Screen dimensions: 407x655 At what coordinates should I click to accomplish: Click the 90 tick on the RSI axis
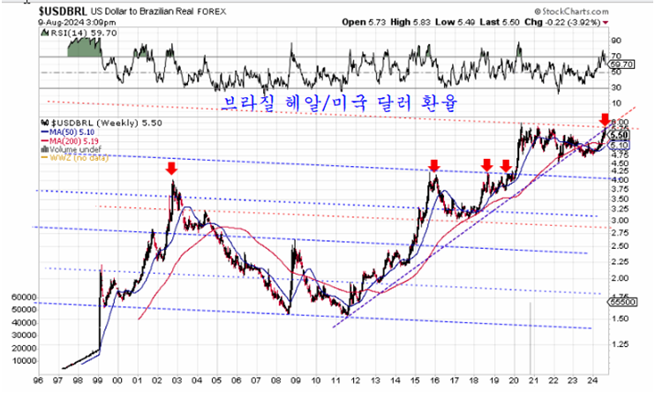click(615, 41)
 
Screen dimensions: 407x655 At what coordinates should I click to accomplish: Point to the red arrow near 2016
click(433, 165)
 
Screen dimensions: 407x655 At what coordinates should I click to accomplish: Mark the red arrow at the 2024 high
click(604, 119)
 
